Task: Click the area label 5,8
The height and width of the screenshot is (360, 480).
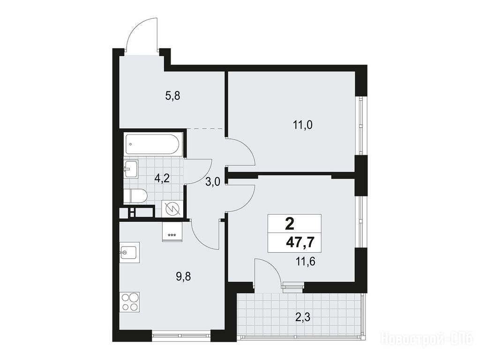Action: [x=172, y=96]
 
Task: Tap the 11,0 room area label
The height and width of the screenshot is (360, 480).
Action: [x=302, y=125]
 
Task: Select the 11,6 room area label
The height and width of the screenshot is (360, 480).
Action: [x=305, y=262]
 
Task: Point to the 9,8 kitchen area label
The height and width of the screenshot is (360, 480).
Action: [x=183, y=277]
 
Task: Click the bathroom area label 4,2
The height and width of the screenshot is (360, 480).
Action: [x=162, y=178]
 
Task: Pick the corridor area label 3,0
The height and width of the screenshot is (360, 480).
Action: [x=212, y=182]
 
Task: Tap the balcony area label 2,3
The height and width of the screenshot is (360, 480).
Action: [x=303, y=317]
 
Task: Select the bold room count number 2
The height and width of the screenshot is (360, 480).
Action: [x=289, y=225]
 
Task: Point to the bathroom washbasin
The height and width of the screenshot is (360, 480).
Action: [x=131, y=168]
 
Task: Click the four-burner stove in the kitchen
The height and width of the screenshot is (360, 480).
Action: [x=130, y=302]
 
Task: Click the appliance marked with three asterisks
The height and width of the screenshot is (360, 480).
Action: [x=172, y=232]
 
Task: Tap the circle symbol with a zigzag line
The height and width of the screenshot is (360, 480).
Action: [x=172, y=209]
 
